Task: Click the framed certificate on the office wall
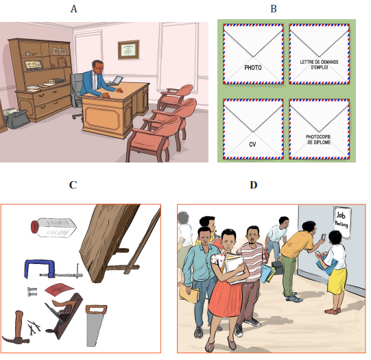pos(128,49)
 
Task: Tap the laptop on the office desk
pos(115,81)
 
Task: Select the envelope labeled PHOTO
pos(253,54)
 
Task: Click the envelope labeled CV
pos(253,129)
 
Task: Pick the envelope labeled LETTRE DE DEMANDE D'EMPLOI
pos(319,54)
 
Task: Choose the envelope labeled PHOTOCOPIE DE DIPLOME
pos(319,129)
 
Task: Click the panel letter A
pos(73,9)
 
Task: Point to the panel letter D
pos(254,184)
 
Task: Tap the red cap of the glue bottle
pos(34,227)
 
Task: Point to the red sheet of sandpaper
pos(59,289)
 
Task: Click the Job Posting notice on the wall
pos(342,222)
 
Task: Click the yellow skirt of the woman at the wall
pos(337,281)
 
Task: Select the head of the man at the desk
pos(97,67)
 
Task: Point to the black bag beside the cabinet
pos(16,119)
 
